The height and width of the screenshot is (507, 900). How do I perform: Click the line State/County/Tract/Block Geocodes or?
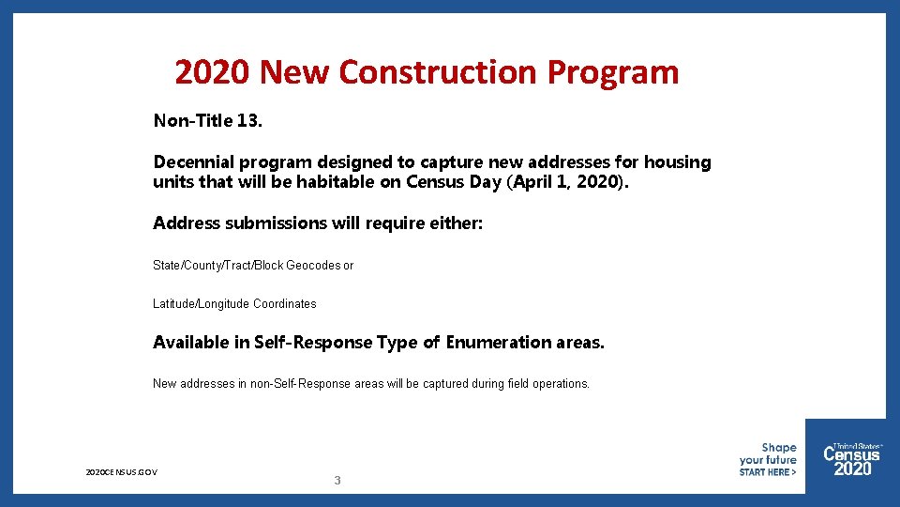coord(253,266)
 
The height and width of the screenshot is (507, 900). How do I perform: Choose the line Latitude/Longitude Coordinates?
coord(234,304)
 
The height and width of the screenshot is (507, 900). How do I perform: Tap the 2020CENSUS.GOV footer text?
coord(121,471)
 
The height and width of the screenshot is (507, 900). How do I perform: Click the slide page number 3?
coord(337,481)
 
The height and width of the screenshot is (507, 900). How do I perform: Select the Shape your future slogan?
coord(768,454)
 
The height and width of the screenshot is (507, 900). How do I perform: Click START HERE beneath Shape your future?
coord(767,472)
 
